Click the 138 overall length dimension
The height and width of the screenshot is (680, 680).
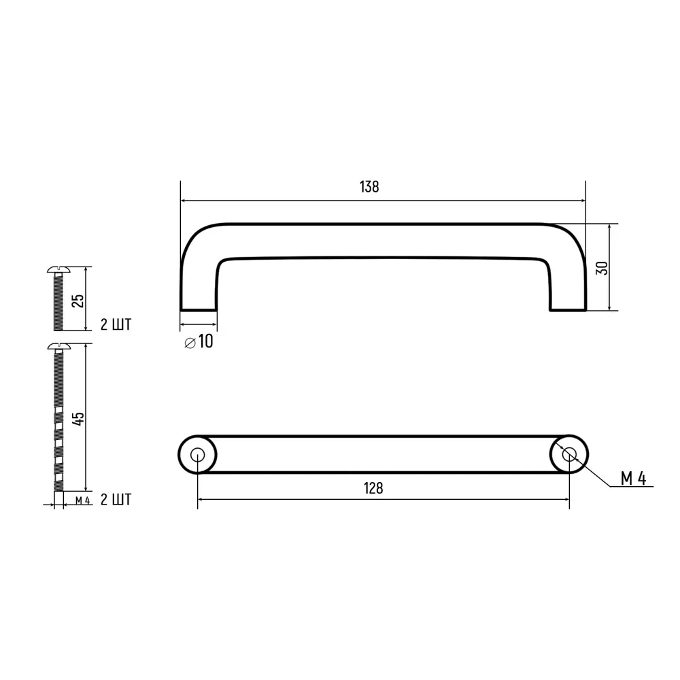(x=369, y=187)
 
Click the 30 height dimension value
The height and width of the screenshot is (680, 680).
(x=600, y=267)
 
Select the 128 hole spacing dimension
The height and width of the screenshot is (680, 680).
(x=373, y=488)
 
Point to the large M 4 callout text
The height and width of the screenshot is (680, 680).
(x=633, y=479)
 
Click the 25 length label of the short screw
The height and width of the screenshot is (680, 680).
(x=78, y=300)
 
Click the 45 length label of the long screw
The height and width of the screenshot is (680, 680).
(x=78, y=418)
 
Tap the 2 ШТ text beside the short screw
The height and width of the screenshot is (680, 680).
(x=116, y=324)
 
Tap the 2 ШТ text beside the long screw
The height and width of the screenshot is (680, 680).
(x=116, y=500)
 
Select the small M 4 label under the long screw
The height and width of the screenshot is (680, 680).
(x=82, y=501)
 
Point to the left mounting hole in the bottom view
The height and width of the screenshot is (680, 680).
(x=197, y=455)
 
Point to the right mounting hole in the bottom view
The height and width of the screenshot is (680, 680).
(x=569, y=455)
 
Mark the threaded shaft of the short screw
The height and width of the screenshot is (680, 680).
(x=57, y=303)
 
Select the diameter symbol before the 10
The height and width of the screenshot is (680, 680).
(x=190, y=343)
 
